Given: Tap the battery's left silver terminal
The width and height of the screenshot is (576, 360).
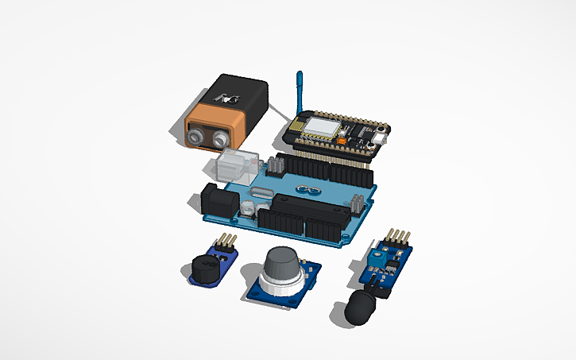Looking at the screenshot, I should [196, 138].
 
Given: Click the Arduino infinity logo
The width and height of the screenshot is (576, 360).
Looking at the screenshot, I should [304, 189].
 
